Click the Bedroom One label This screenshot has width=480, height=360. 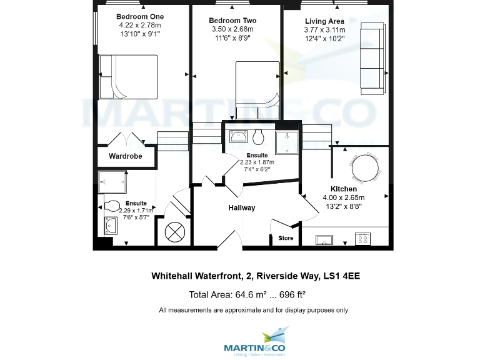point(139,16)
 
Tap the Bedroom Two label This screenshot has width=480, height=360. point(232,21)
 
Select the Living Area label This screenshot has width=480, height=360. point(324,21)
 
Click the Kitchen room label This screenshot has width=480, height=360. point(344,189)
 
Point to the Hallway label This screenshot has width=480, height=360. point(241,207)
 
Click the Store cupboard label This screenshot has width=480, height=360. point(286,238)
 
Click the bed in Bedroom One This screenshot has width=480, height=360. point(128,76)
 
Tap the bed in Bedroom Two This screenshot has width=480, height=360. point(256,84)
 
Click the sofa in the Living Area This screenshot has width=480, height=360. point(372,58)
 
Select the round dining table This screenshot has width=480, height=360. point(364,167)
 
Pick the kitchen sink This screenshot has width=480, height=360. point(324,238)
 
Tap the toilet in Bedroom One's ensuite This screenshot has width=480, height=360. point(112,206)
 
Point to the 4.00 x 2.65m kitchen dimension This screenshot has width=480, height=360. point(343,197)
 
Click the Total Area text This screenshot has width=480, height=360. point(247,294)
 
